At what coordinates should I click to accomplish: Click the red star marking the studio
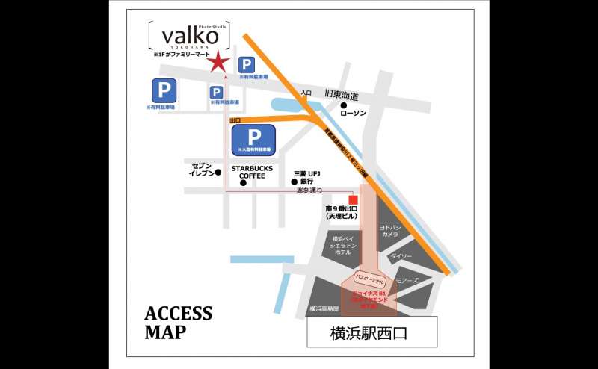pyautogui.click(x=218, y=63)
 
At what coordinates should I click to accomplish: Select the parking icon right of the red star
pyautogui.click(x=245, y=65)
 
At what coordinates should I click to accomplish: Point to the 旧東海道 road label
pyautogui.click(x=342, y=96)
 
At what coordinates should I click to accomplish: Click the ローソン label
pyautogui.click(x=353, y=114)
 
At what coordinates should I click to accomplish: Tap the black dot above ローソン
pyautogui.click(x=344, y=105)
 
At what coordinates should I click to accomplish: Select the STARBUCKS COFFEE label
pyautogui.click(x=252, y=173)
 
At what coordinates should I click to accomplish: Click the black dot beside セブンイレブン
pyautogui.click(x=218, y=173)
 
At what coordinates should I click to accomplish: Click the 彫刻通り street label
pyautogui.click(x=309, y=191)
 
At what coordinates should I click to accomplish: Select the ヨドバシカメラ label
pyautogui.click(x=389, y=230)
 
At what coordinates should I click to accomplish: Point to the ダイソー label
pyautogui.click(x=401, y=256)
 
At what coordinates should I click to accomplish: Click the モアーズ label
pyautogui.click(x=407, y=282)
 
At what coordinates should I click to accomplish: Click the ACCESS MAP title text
pyautogui.click(x=178, y=322)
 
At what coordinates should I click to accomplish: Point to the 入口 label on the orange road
pyautogui.click(x=305, y=93)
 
